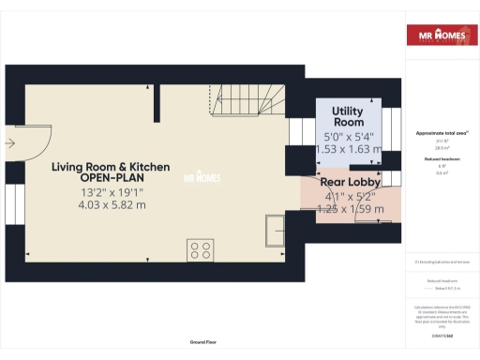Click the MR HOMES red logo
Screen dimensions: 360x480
[x=441, y=37]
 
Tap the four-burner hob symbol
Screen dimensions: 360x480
[x=201, y=249]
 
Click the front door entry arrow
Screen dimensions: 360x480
[x=8, y=143]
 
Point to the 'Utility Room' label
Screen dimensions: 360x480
[x=348, y=117]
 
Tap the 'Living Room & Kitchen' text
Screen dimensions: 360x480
[x=111, y=167]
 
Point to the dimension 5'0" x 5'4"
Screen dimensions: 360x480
[x=348, y=136]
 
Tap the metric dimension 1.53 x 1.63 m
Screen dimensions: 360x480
[x=348, y=148]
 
